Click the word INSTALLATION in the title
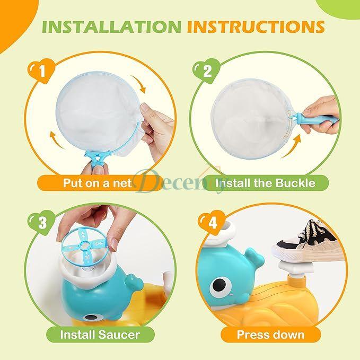111,27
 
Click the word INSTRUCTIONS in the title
256,27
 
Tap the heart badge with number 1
41,71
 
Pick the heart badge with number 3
42,222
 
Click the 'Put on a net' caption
98,183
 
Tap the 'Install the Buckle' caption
265,183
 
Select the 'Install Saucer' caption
100,335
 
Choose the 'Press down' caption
271,335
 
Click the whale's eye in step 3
91,318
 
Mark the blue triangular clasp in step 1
98,156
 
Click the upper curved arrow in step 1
139,83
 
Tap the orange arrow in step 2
292,146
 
